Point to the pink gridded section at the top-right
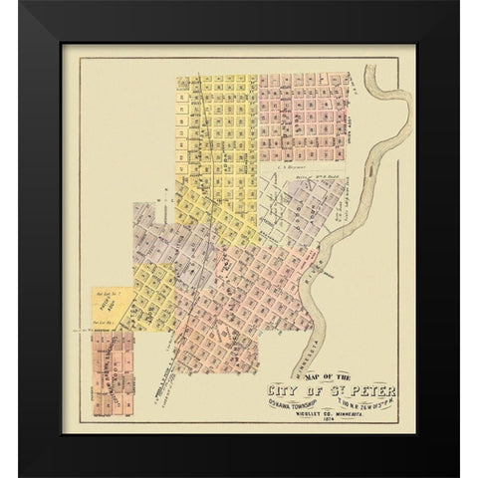tap(304, 115)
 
